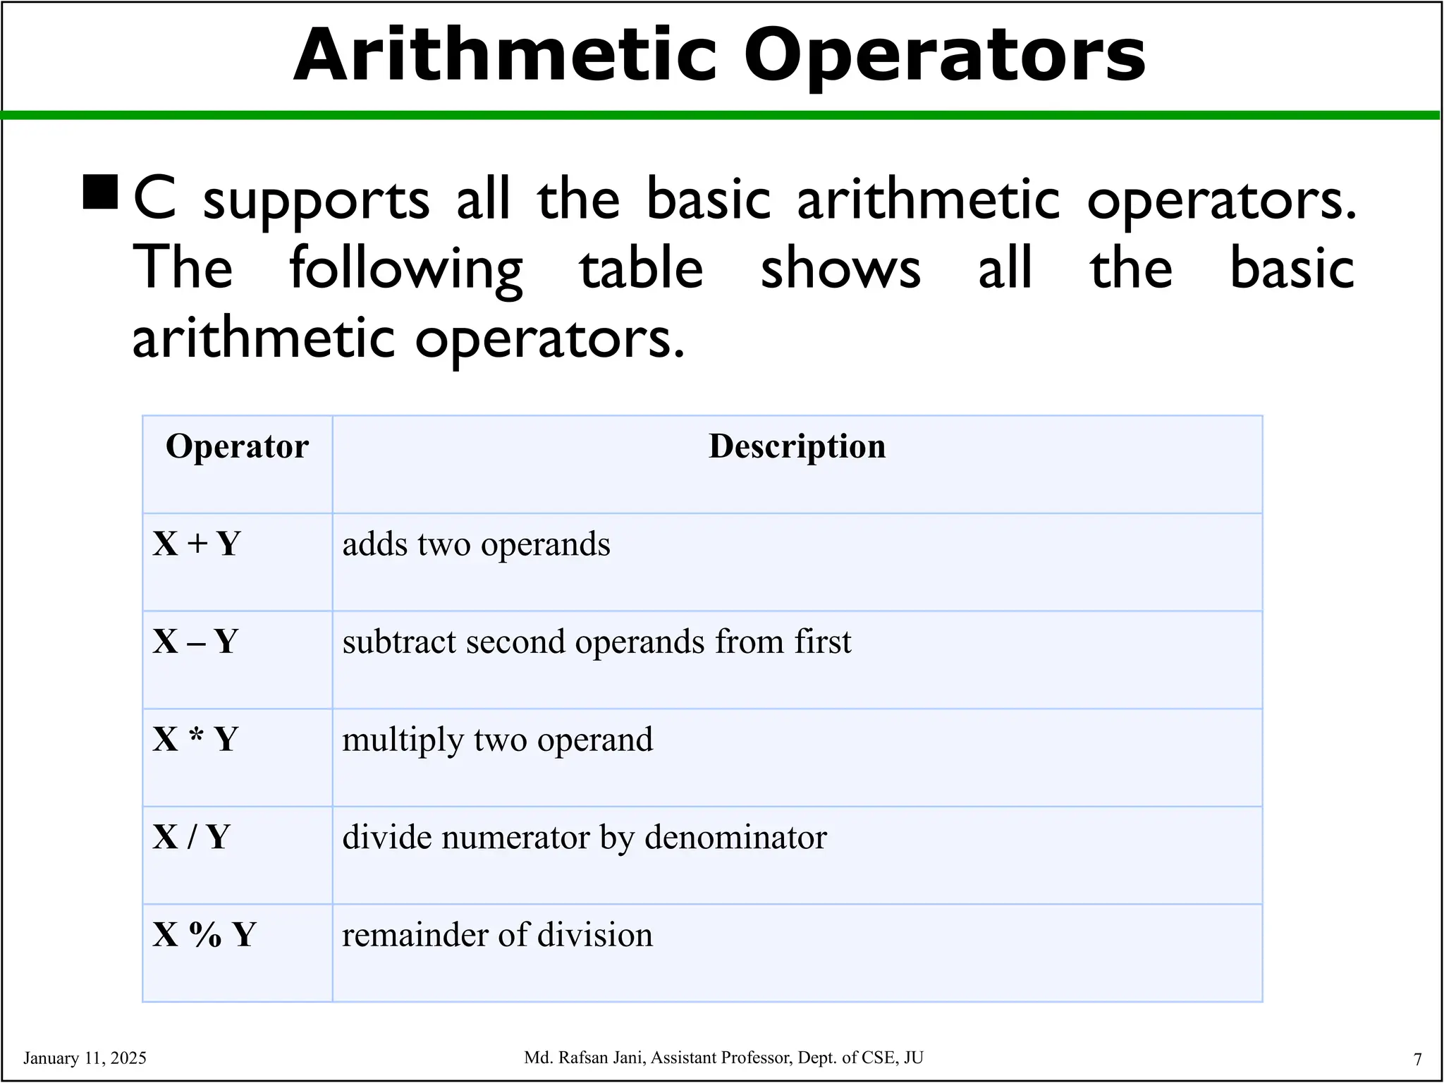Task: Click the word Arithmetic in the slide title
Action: click(x=504, y=56)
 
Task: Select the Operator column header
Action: click(x=237, y=446)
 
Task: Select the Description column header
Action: click(x=797, y=446)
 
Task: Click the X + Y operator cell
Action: click(x=197, y=544)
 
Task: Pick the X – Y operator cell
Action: click(x=195, y=642)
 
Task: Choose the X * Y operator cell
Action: click(x=195, y=740)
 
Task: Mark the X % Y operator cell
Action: click(x=204, y=935)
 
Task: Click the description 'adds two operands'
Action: click(x=476, y=544)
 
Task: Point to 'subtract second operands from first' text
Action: click(x=596, y=642)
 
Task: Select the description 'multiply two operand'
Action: click(x=497, y=740)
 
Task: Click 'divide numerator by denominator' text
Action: click(x=584, y=838)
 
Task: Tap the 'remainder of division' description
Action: click(x=497, y=935)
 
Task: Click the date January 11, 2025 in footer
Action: click(x=85, y=1058)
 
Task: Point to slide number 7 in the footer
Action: click(x=1417, y=1059)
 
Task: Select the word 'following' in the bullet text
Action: click(x=406, y=269)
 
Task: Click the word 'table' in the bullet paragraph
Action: click(x=641, y=269)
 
